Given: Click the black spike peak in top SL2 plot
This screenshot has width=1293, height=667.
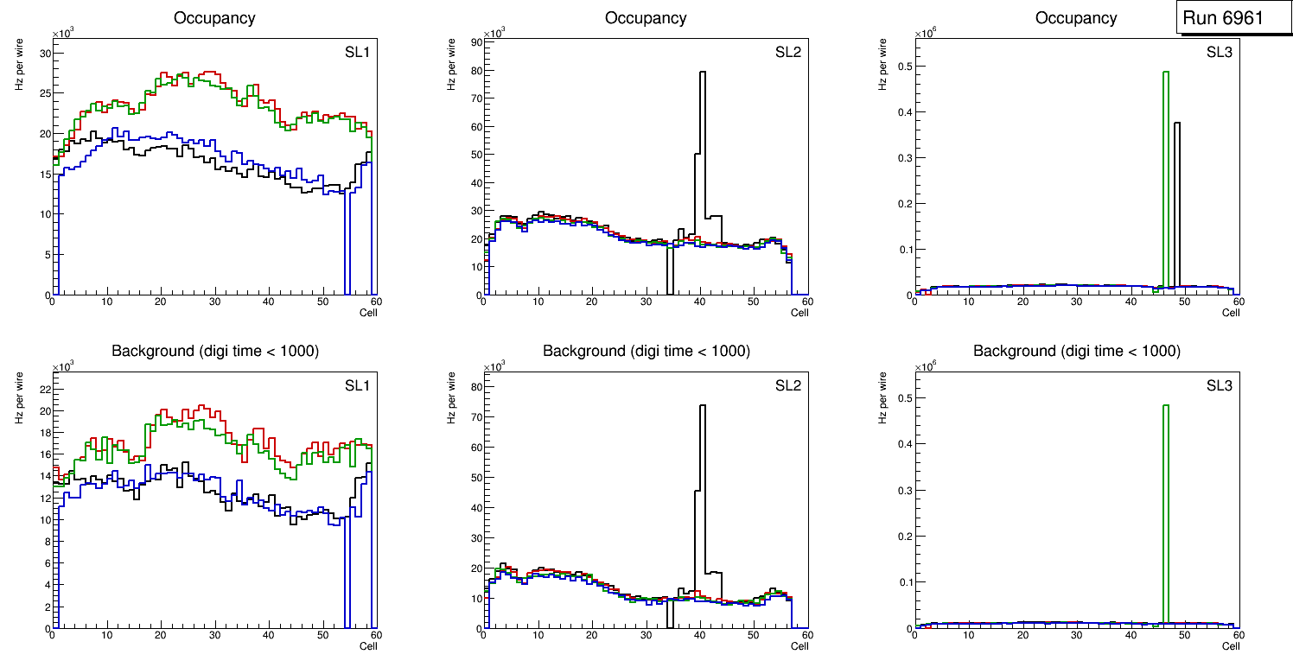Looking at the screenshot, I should tap(703, 73).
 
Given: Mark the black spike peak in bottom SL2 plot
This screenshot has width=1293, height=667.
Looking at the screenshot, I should tap(703, 405).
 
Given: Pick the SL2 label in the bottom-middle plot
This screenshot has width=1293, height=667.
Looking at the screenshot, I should tap(787, 384).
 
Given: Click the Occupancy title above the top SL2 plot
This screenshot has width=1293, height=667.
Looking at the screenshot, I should tap(646, 18).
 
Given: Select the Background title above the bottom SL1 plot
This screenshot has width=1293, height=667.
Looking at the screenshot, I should tap(215, 351).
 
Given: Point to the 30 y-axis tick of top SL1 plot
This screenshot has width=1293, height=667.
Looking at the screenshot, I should tap(46, 54).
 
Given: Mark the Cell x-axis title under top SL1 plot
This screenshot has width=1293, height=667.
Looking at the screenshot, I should tap(368, 313).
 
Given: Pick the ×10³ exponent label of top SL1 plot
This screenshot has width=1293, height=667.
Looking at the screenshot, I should tap(63, 34).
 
